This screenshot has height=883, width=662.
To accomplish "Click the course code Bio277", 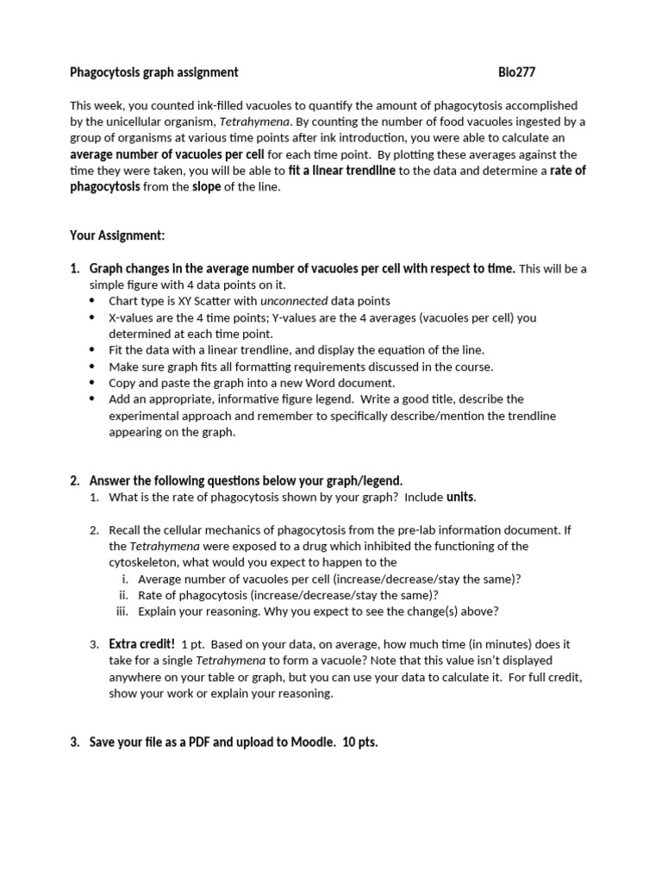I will pos(517,72).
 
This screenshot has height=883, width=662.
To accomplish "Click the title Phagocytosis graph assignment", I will pos(153,72).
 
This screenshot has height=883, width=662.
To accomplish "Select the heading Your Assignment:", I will pos(117,235).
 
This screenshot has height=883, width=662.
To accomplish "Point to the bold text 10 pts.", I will pos(360,742).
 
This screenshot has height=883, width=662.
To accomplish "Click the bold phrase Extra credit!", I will pos(141,644).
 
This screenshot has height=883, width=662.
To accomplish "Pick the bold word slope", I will pos(206,187).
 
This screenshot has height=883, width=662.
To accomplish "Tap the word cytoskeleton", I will pos(142,562).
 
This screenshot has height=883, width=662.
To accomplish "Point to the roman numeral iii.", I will pos(122,611).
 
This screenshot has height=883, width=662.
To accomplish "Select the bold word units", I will pos(460,497).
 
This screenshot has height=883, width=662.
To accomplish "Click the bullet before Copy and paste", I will pos(93,383).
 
